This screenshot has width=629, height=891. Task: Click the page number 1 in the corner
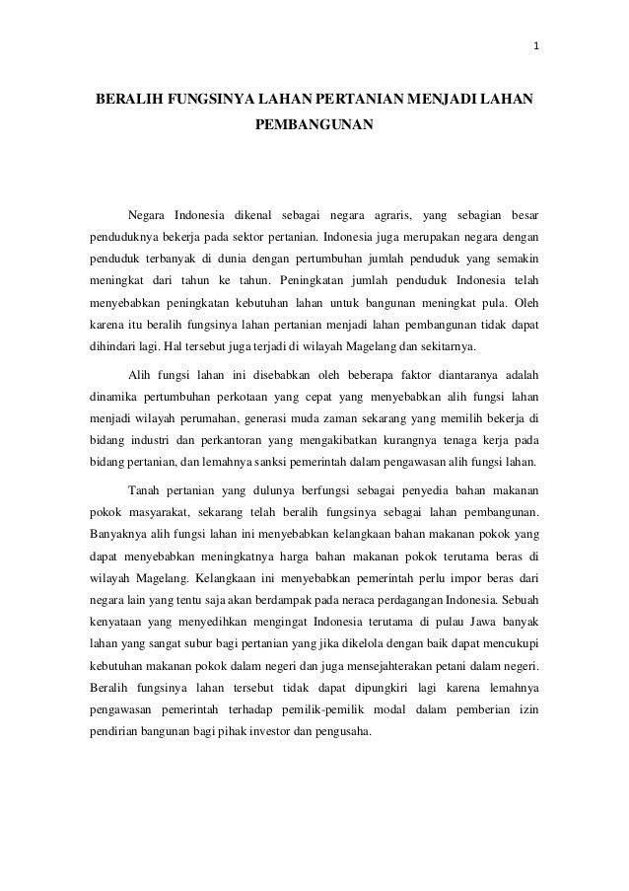[537, 46]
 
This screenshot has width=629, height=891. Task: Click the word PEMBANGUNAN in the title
[314, 127]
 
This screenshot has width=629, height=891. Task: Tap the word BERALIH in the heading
[124, 100]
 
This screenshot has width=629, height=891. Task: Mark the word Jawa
[464, 621]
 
